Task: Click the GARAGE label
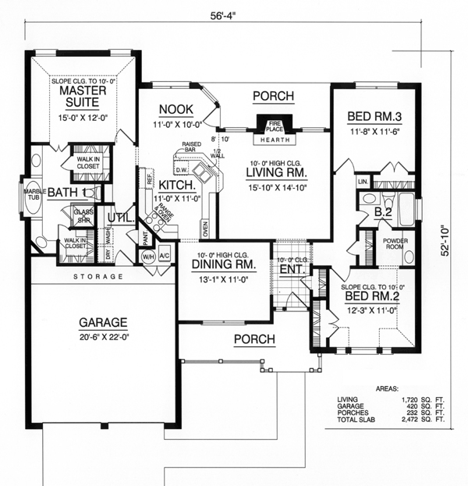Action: [102, 321]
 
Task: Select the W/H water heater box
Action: [148, 255]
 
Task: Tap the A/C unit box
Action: [165, 255]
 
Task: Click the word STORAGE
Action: [99, 276]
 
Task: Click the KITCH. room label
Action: [176, 186]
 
